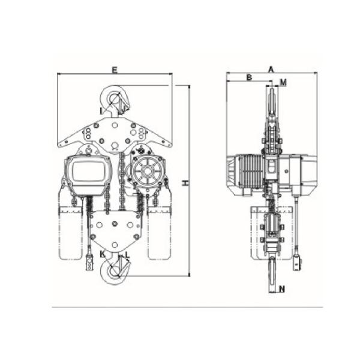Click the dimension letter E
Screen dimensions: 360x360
tap(115, 70)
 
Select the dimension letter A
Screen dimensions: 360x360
tap(271, 69)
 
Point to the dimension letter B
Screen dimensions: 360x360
tap(249, 77)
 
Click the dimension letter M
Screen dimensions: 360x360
tap(284, 83)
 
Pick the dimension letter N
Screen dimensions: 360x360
tap(282, 289)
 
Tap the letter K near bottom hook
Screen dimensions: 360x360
tap(103, 254)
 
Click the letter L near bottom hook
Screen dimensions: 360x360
tap(127, 254)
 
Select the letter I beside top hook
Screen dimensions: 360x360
tap(101, 111)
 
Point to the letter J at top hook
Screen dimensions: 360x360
tap(123, 110)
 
